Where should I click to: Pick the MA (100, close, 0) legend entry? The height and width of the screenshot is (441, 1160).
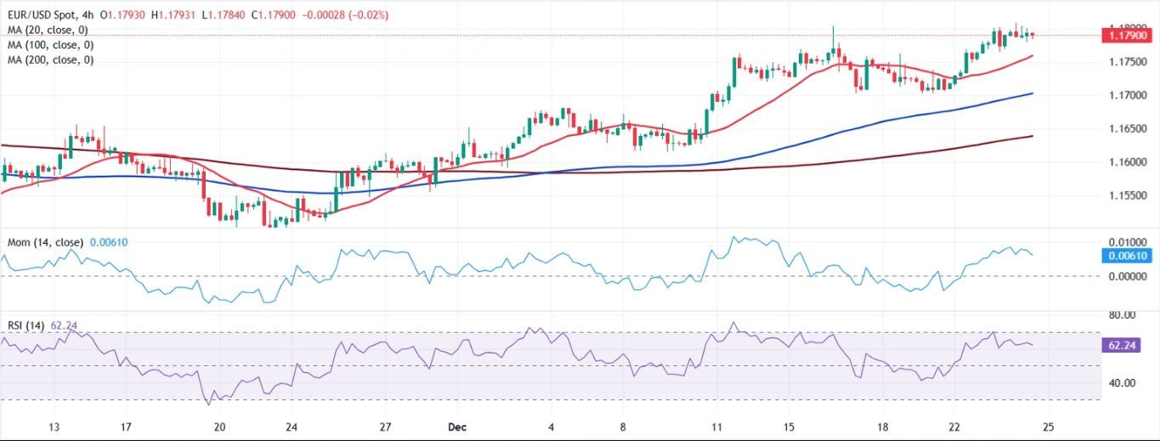click(49, 44)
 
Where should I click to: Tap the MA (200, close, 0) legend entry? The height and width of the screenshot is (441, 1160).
click(49, 59)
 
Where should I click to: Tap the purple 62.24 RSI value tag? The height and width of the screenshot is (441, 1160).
click(1127, 346)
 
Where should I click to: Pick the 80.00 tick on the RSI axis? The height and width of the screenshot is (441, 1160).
click(1127, 315)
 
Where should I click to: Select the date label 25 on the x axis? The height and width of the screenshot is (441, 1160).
click(1048, 427)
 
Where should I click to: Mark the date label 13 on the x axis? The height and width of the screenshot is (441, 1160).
click(54, 427)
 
